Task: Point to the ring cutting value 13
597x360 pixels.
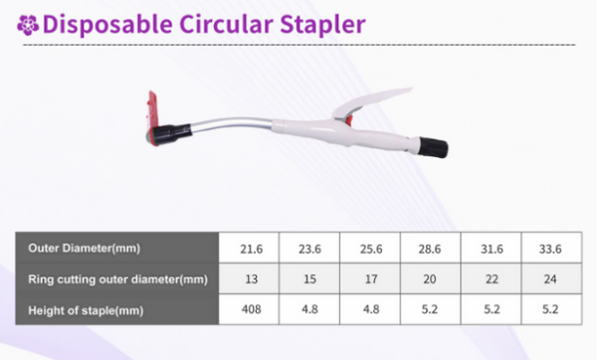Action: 250,277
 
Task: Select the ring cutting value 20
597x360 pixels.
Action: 429,277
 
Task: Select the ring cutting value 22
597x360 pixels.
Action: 489,277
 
